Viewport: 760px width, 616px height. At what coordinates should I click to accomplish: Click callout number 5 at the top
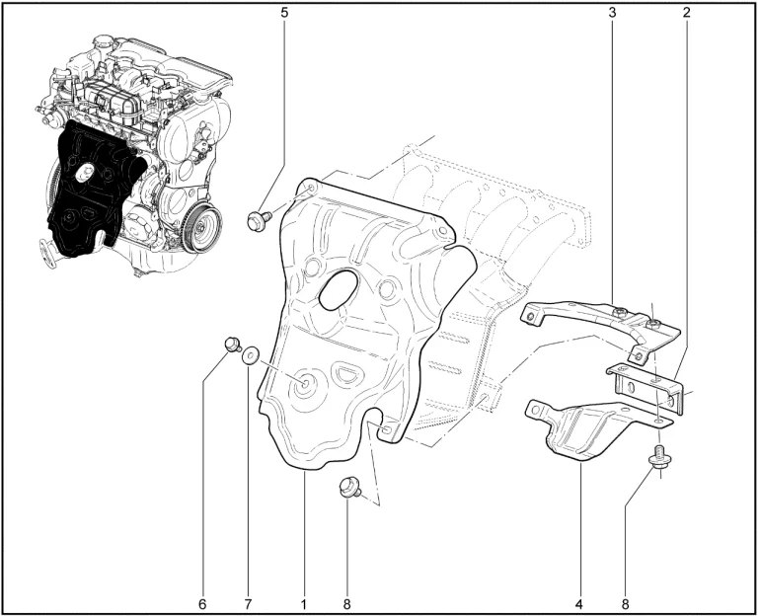284,13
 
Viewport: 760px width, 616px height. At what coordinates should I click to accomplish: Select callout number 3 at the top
613,13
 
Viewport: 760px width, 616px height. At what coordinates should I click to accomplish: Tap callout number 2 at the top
686,13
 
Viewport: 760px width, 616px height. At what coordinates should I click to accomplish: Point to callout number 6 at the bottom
202,604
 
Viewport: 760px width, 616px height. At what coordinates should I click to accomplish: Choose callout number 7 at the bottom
248,604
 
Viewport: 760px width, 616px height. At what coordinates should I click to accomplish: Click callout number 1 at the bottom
304,604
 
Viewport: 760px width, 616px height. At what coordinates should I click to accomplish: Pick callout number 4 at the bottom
579,604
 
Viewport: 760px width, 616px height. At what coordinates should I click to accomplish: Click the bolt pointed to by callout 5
258,219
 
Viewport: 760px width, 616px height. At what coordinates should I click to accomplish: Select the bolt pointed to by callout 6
233,345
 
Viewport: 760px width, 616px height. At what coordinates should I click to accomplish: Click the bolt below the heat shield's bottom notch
350,487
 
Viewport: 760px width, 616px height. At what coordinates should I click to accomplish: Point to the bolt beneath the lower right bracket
658,457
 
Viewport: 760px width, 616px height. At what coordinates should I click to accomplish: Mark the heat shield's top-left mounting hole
311,187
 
